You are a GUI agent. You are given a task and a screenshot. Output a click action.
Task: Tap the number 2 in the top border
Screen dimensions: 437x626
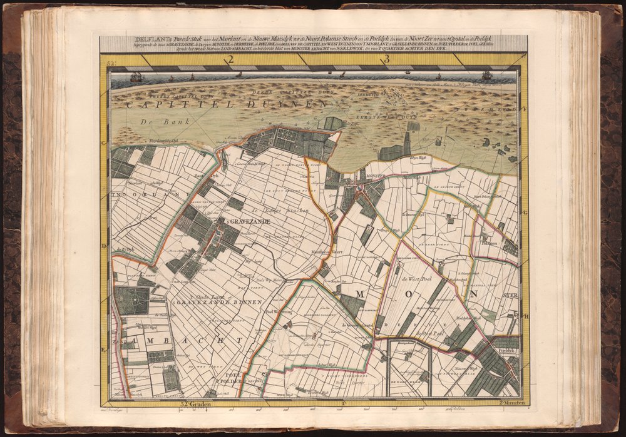pos(230,60)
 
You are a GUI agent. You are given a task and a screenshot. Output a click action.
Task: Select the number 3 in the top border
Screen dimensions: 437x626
pos(387,60)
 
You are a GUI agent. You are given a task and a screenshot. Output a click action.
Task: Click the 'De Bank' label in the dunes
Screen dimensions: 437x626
pos(153,123)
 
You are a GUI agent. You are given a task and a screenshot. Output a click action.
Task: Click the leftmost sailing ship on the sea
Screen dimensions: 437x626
pos(136,77)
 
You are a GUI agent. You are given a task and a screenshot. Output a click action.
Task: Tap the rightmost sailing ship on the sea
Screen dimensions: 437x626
pos(486,76)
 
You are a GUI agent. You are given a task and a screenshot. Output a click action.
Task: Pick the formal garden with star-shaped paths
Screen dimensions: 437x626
pos(132,301)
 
